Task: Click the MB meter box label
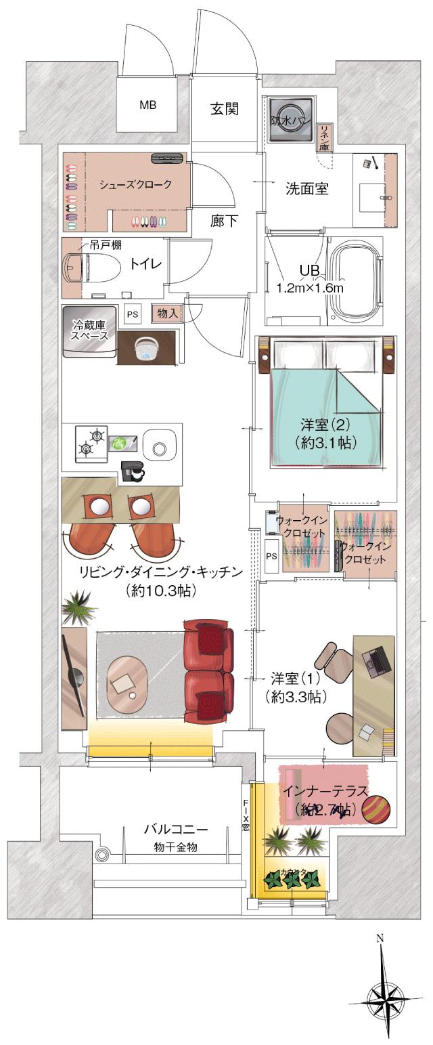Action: tap(147, 105)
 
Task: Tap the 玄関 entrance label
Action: tap(223, 109)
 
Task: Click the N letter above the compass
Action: tap(380, 939)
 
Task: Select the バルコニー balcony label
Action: tap(175, 829)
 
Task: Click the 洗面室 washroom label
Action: tap(306, 189)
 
